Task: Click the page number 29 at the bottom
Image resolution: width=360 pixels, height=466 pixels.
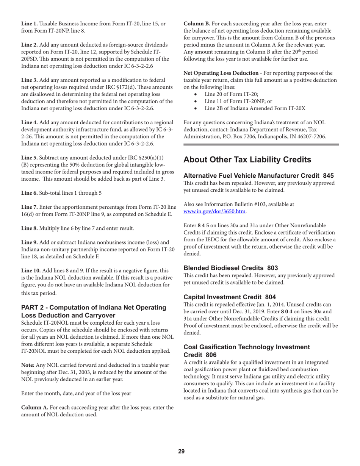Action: [181, 451]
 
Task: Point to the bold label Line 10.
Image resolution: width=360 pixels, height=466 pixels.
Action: [31, 271]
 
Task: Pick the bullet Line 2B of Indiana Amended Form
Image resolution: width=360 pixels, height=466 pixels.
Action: [255, 108]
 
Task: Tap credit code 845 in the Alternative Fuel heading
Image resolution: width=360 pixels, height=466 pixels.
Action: [328, 176]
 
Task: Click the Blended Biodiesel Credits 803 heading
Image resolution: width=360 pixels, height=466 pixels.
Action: [230, 268]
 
